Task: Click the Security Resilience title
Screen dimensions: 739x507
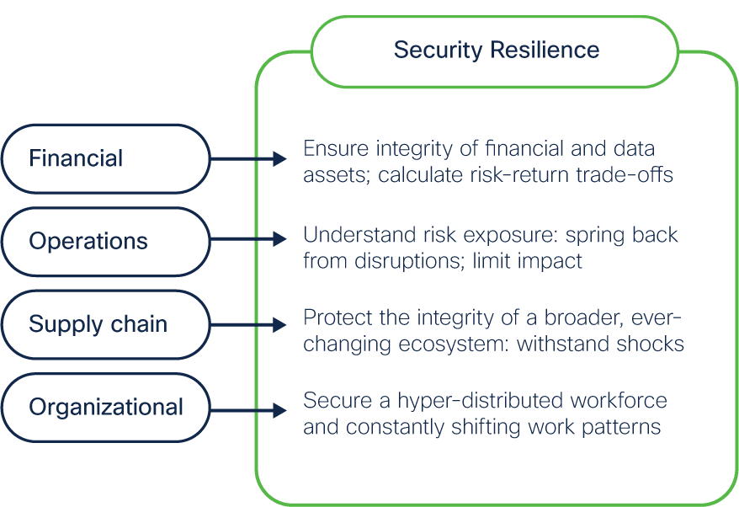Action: click(497, 51)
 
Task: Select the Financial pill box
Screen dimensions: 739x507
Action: click(105, 159)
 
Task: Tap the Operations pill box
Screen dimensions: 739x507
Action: click(105, 242)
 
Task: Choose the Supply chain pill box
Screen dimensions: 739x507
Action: click(105, 324)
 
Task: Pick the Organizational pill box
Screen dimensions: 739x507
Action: click(105, 408)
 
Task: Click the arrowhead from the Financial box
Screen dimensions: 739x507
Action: click(280, 159)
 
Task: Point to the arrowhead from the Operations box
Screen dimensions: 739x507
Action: click(280, 239)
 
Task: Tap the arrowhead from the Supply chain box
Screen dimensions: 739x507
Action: click(280, 325)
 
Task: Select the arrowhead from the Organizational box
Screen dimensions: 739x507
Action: click(280, 410)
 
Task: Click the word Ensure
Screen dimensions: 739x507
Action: click(336, 148)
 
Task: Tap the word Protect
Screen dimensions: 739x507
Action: click(338, 318)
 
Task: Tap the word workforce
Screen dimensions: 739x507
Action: click(619, 400)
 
